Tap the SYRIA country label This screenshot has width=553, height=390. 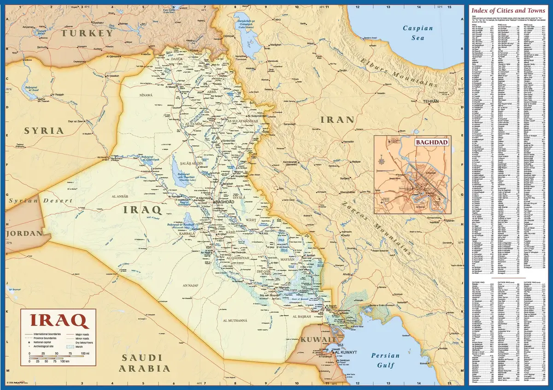coord(44,130)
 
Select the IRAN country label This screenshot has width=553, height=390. coord(337,120)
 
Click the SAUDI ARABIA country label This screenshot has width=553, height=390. coord(146,363)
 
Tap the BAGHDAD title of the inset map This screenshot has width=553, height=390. coord(432,142)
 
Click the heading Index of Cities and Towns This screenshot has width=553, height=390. coord(508,10)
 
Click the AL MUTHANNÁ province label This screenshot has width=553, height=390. coord(235,320)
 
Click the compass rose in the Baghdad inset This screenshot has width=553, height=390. coord(382,161)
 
